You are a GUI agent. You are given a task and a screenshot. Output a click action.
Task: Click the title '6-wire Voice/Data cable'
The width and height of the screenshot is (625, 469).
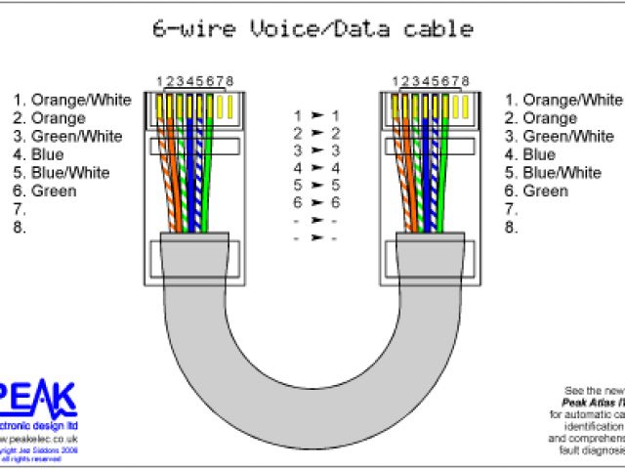coord(312,29)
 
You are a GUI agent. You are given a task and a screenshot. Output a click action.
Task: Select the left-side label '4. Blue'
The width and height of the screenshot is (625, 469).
coord(39,154)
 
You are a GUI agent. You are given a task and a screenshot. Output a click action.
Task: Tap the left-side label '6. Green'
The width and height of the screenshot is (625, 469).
coord(45,191)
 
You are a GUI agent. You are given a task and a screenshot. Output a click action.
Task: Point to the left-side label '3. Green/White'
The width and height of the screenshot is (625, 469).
coord(67,136)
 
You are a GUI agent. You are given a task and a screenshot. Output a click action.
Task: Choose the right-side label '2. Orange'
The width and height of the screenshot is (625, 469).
coord(540,118)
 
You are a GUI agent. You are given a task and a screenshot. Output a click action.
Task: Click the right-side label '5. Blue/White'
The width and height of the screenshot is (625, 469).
coord(553,172)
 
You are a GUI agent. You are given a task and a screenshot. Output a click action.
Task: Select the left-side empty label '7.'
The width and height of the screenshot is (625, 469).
coord(19,209)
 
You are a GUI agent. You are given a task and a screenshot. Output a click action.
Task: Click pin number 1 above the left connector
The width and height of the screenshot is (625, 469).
coord(160,80)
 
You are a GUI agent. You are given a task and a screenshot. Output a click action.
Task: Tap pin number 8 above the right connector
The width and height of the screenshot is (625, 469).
coord(466,80)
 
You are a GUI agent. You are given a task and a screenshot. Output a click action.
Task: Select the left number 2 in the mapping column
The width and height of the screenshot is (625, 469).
coord(298,133)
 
